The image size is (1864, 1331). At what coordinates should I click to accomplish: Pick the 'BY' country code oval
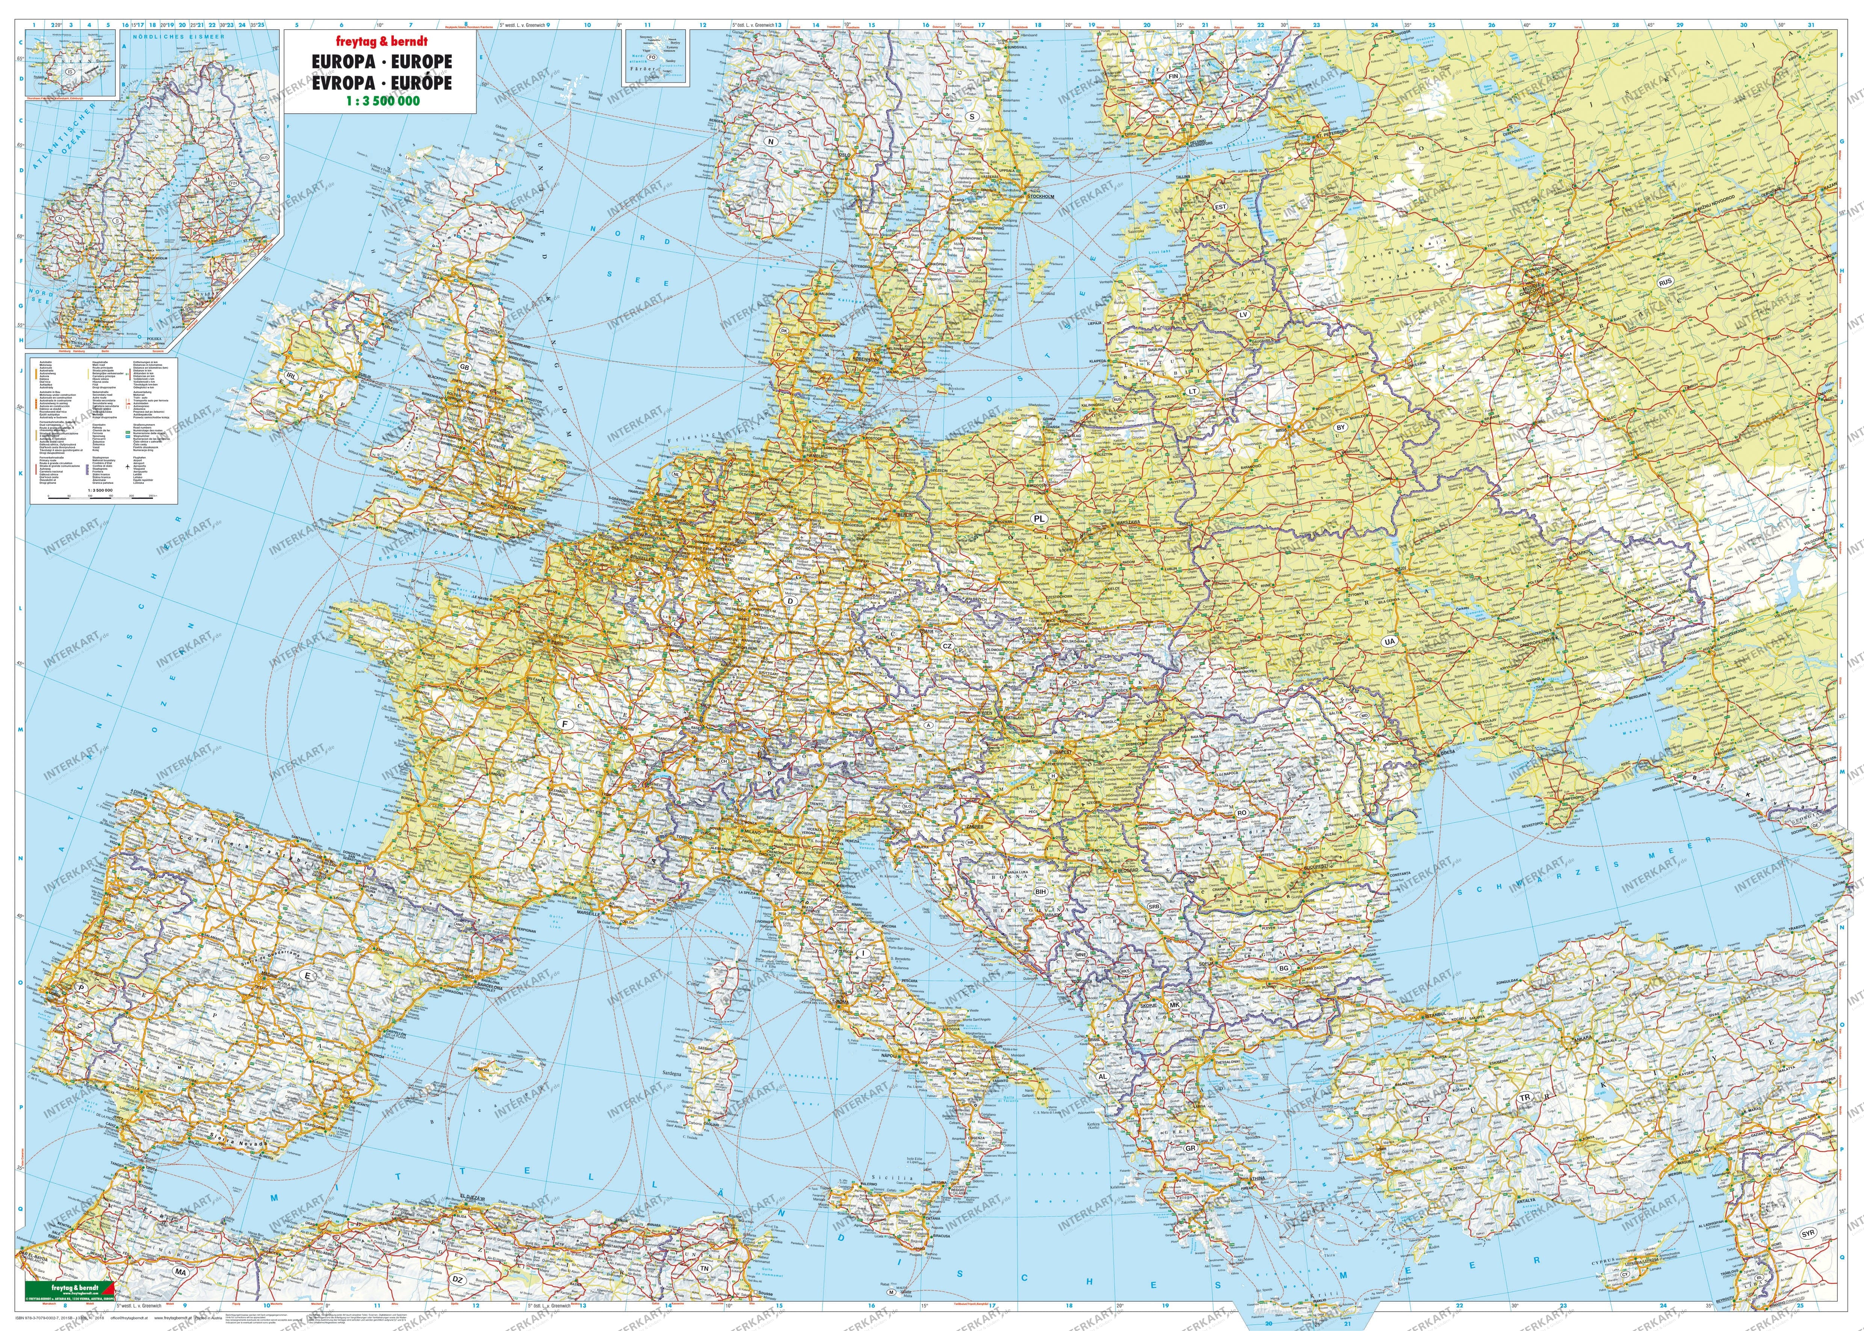1341,427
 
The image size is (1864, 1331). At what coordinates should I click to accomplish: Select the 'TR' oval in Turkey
1525,1097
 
